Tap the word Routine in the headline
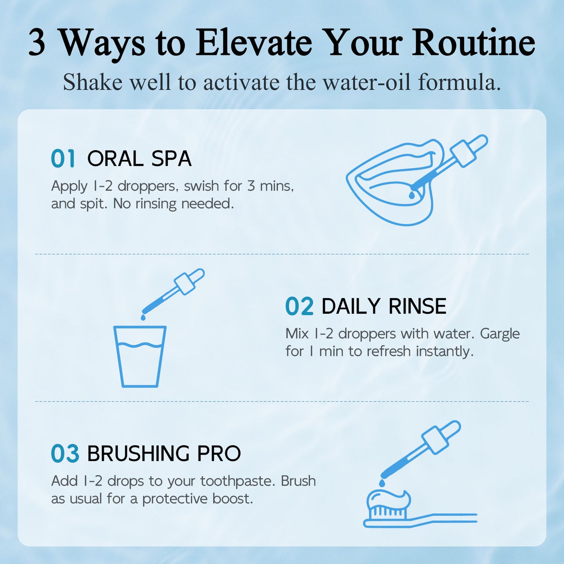[474, 43]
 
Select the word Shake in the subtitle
[93, 82]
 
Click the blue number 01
[62, 158]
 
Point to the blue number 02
[299, 306]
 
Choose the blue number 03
[65, 454]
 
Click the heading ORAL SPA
[139, 158]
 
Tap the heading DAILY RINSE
[384, 306]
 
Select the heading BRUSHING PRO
[164, 454]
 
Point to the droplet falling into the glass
[143, 317]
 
